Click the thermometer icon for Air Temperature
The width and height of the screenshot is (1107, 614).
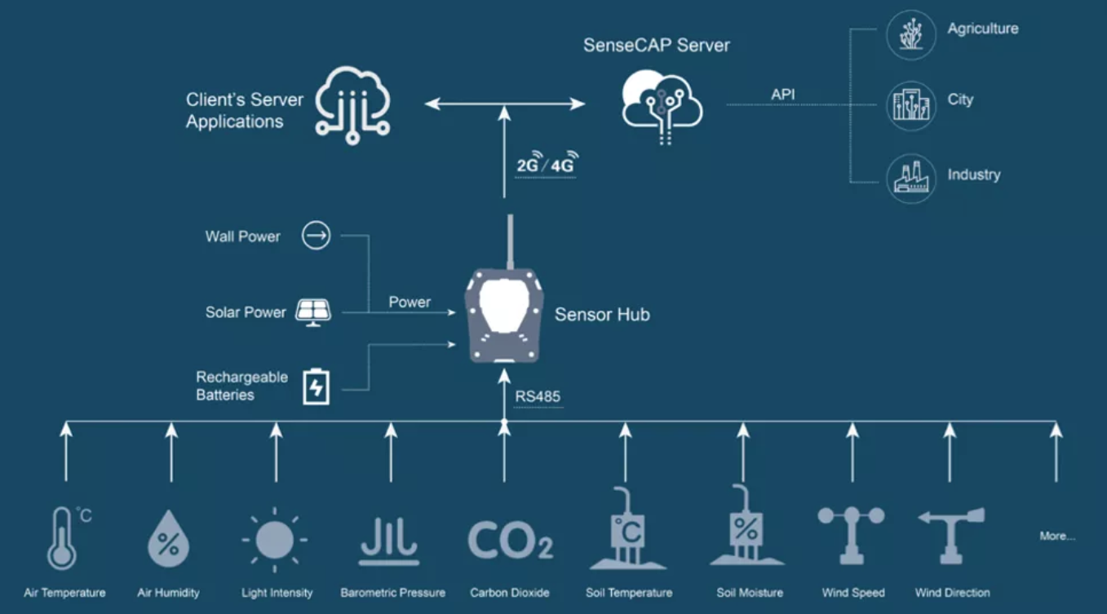[63, 538]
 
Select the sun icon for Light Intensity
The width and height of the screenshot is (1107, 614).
[275, 539]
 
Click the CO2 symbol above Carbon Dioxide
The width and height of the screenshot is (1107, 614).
[510, 539]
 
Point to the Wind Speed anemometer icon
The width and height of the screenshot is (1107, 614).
[852, 535]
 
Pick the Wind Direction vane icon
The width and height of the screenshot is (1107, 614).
[951, 535]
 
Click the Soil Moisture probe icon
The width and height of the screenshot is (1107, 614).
[745, 530]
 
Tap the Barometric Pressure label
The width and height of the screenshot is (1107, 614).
[393, 593]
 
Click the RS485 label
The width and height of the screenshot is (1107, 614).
[538, 397]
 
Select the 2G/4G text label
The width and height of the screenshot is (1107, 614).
[546, 166]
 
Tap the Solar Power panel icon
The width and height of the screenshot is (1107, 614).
[313, 311]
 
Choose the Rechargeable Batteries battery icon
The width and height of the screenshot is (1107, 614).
[316, 387]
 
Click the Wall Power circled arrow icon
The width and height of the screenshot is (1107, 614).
[316, 236]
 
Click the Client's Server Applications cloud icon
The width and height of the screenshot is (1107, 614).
[353, 105]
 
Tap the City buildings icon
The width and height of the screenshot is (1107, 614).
[910, 105]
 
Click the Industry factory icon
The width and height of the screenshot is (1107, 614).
[910, 178]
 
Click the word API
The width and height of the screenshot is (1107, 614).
[782, 95]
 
